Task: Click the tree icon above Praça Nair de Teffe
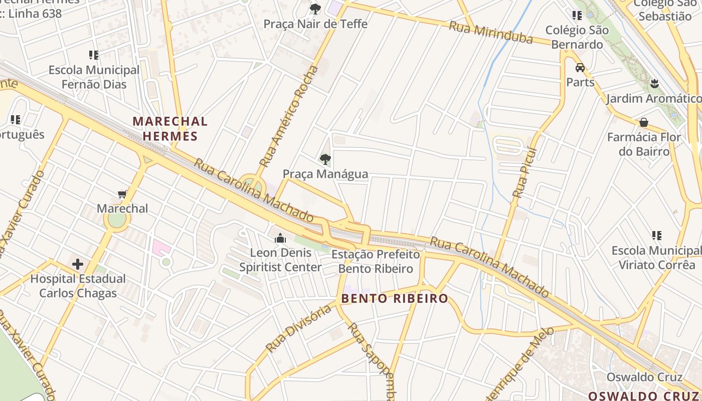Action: pos(315,9)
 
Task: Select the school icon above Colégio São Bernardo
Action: pos(577,16)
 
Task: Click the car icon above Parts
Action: pos(580,68)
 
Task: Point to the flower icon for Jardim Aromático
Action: pos(654,83)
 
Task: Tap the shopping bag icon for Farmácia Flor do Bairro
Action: pos(644,122)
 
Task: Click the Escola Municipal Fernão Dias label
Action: pos(94,77)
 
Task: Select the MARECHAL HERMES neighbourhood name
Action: pos(170,128)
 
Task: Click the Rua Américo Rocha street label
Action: pos(288,117)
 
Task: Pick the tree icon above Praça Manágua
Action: pos(325,159)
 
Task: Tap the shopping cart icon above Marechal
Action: pos(122,194)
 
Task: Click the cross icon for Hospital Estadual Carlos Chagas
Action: pos(77,264)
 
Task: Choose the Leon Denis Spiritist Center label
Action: pos(280,260)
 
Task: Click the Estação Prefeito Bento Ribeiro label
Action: pos(375,262)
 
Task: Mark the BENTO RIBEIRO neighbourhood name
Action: pos(395,299)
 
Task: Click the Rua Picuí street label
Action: pos(524,171)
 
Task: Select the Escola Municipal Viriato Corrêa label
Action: pos(655,257)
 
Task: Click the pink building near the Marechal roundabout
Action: pos(161,248)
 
